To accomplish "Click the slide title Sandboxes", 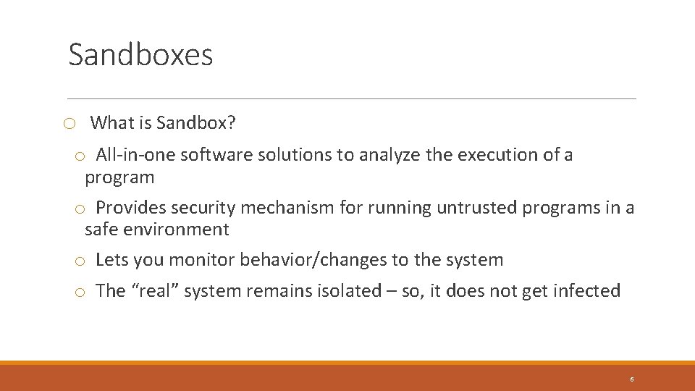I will [140, 55].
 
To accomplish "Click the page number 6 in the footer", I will [632, 379].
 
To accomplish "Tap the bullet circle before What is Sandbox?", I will [69, 124].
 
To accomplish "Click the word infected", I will [586, 291].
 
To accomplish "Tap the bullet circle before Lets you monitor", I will [81, 261].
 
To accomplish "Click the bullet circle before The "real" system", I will [81, 292].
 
